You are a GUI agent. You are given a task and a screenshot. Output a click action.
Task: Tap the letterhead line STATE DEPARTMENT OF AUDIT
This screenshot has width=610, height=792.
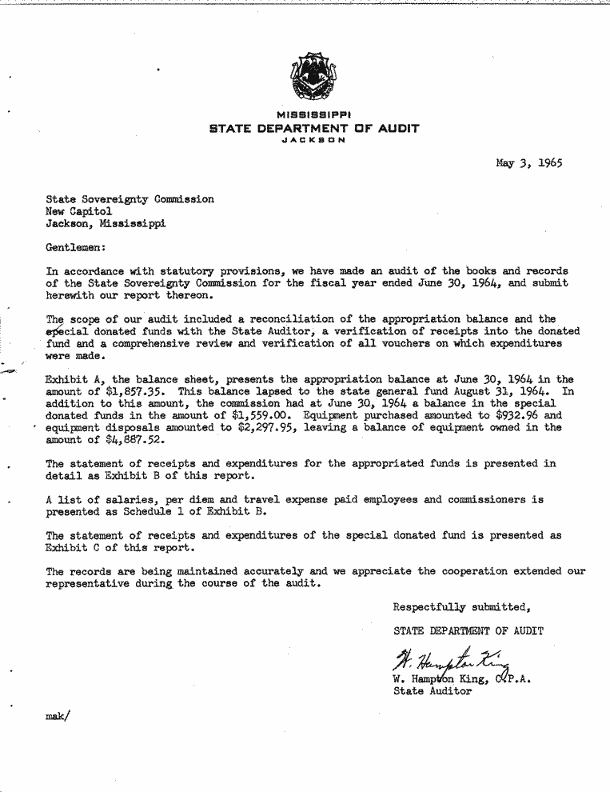(x=313, y=128)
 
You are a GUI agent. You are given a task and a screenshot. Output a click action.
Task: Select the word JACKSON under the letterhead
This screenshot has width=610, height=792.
(x=313, y=139)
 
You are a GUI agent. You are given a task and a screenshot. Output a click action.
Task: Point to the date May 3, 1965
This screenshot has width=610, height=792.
(x=528, y=163)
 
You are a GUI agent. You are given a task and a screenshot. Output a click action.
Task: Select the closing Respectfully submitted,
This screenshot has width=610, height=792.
(x=462, y=606)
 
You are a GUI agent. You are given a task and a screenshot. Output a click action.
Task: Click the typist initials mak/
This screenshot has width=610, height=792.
(x=58, y=717)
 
